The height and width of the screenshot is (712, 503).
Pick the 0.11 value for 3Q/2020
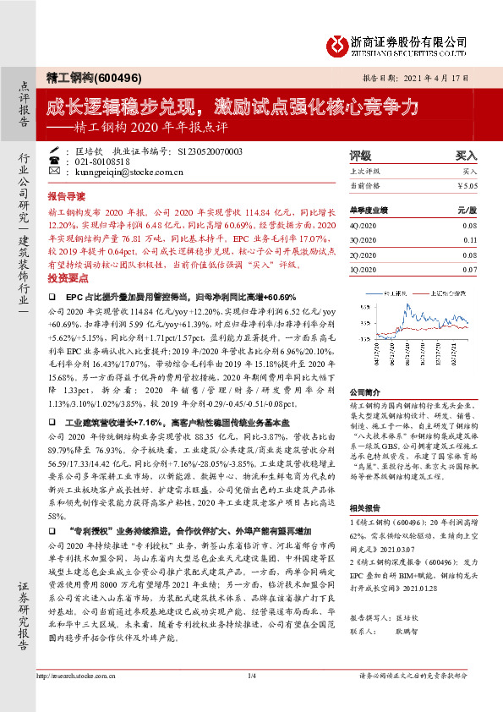point(469,240)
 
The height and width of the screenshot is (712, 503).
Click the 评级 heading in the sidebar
point(361,156)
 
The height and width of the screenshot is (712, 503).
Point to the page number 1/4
point(251,698)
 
